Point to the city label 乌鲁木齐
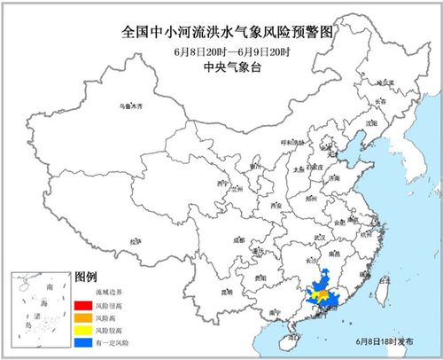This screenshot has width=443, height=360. pyautogui.click(x=130, y=105)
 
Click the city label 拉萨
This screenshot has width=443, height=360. pyautogui.click(x=135, y=240)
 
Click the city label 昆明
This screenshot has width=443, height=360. pyautogui.click(x=227, y=291)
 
